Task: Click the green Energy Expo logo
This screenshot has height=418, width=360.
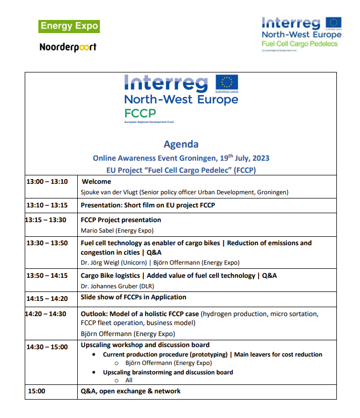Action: (x=69, y=26)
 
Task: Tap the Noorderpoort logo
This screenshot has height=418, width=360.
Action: (x=68, y=47)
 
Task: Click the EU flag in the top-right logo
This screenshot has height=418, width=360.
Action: (x=333, y=23)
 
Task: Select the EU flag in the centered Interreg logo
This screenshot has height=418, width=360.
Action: (x=226, y=83)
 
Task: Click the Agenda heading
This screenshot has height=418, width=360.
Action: (x=181, y=144)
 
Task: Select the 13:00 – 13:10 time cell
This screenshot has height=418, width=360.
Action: (x=47, y=182)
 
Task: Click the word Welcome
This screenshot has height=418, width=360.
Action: (x=97, y=182)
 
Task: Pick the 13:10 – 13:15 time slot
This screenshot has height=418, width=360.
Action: (x=47, y=205)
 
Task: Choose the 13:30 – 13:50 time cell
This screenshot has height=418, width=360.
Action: (x=47, y=243)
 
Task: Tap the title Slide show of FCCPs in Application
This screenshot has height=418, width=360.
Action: (x=133, y=297)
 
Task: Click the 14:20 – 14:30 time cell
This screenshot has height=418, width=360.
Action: (x=46, y=314)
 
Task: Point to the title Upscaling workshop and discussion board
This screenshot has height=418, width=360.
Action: (x=145, y=345)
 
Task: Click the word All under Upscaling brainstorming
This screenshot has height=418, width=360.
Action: (x=129, y=380)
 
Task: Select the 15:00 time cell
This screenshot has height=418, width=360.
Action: (x=37, y=391)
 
